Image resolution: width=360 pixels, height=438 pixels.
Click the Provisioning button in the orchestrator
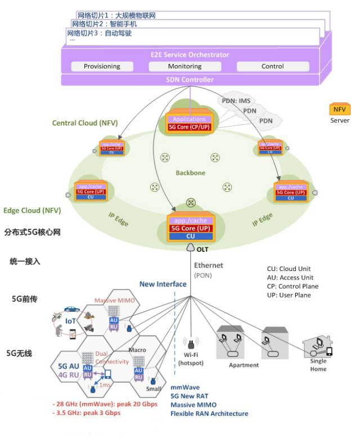click(x=102, y=66)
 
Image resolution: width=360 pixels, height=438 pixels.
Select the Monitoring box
click(x=184, y=66)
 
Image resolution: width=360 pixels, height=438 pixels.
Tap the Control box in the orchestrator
click(x=272, y=66)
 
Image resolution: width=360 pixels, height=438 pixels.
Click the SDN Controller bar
click(x=190, y=80)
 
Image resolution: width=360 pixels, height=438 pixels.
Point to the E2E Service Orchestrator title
click(x=190, y=55)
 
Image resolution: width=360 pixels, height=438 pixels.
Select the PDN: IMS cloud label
click(x=236, y=100)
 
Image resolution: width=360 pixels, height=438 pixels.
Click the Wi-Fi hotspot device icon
click(x=191, y=344)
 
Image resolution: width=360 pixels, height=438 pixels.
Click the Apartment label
click(x=244, y=365)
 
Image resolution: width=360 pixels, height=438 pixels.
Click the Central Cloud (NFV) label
click(x=81, y=123)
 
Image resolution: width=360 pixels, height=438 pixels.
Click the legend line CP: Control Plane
click(x=292, y=286)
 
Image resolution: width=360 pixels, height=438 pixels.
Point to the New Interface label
click(x=163, y=284)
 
